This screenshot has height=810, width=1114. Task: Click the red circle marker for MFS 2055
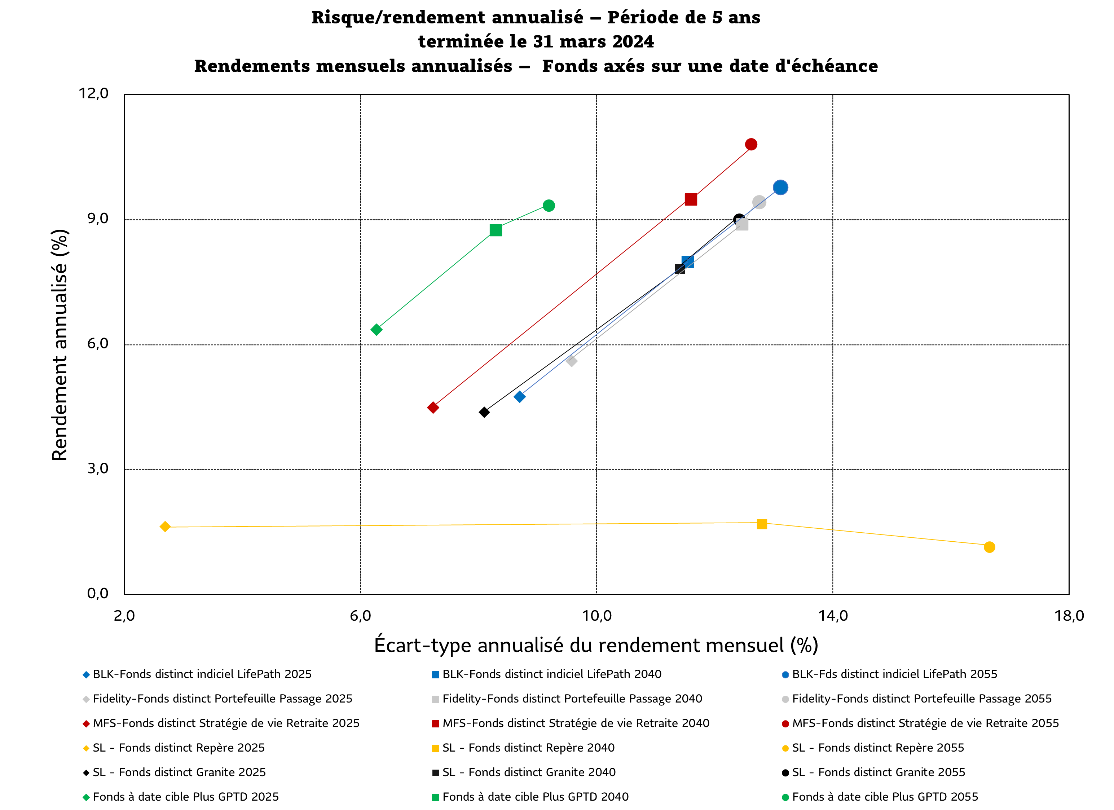point(750,144)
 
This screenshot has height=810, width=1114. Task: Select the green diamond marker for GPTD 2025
point(376,330)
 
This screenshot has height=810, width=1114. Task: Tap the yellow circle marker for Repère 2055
point(989,547)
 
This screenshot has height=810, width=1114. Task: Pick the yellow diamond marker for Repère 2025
point(165,527)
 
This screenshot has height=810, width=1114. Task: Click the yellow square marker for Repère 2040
point(762,524)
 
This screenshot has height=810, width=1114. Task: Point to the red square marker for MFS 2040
point(691,199)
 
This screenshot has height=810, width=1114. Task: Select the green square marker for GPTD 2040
point(496,230)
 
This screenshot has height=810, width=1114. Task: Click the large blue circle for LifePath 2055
point(780,188)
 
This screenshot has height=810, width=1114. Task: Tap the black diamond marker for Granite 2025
point(484,412)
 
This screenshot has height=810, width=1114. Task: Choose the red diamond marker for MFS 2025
point(433,407)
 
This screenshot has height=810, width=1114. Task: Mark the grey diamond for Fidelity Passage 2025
point(571,361)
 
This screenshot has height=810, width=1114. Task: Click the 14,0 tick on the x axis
point(833,616)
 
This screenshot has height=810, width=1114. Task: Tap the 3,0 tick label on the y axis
point(98,468)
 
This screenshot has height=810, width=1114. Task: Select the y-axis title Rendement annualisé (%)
point(60,344)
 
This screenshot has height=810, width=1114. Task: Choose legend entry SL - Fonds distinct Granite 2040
point(529,772)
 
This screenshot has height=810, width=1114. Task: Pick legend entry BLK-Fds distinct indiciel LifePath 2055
point(894,674)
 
